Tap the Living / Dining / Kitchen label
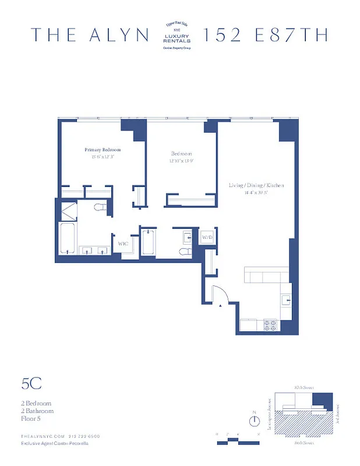coord(256,185)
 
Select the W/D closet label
coord(207,238)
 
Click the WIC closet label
coord(123,243)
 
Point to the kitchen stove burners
coord(271,324)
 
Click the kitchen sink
coord(285,299)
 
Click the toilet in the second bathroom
coord(185,251)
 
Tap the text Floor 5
coord(31,418)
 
